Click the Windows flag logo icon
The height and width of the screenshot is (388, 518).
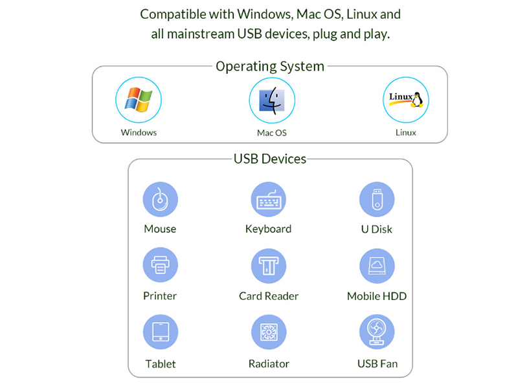139,100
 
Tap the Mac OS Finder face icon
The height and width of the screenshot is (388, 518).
272,100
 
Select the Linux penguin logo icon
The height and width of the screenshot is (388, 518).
406,100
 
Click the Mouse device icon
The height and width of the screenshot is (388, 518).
160,199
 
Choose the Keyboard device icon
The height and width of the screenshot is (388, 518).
269,199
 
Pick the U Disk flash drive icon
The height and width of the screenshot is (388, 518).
377,199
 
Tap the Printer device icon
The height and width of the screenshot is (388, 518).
160,265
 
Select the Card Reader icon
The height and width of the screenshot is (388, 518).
269,266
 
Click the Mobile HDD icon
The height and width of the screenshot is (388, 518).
377,266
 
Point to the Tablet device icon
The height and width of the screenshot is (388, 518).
161,332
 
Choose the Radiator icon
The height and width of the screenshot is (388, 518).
269,332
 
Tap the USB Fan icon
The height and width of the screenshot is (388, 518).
377,332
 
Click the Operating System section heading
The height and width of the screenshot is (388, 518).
270,67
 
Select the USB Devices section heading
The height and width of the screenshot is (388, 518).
270,159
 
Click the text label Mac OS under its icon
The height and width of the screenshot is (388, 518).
272,133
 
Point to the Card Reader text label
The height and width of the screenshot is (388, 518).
269,296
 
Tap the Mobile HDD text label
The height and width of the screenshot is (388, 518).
377,296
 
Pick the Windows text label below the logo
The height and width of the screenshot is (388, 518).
139,133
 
